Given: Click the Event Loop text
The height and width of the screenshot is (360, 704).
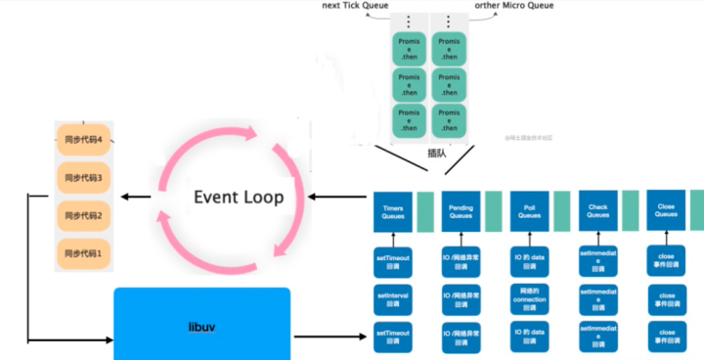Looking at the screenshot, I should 239,197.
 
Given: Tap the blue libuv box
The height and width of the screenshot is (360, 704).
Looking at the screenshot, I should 201,324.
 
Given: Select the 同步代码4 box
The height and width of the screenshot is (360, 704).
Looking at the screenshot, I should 83,140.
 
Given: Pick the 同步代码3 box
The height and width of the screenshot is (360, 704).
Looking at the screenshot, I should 83,177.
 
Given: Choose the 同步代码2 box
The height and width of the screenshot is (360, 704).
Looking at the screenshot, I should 83,215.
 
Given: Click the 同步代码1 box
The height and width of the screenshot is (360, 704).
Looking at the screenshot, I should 83,253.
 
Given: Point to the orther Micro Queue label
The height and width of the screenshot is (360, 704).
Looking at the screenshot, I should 514,6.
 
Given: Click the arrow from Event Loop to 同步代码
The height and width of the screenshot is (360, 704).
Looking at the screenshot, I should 137,198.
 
